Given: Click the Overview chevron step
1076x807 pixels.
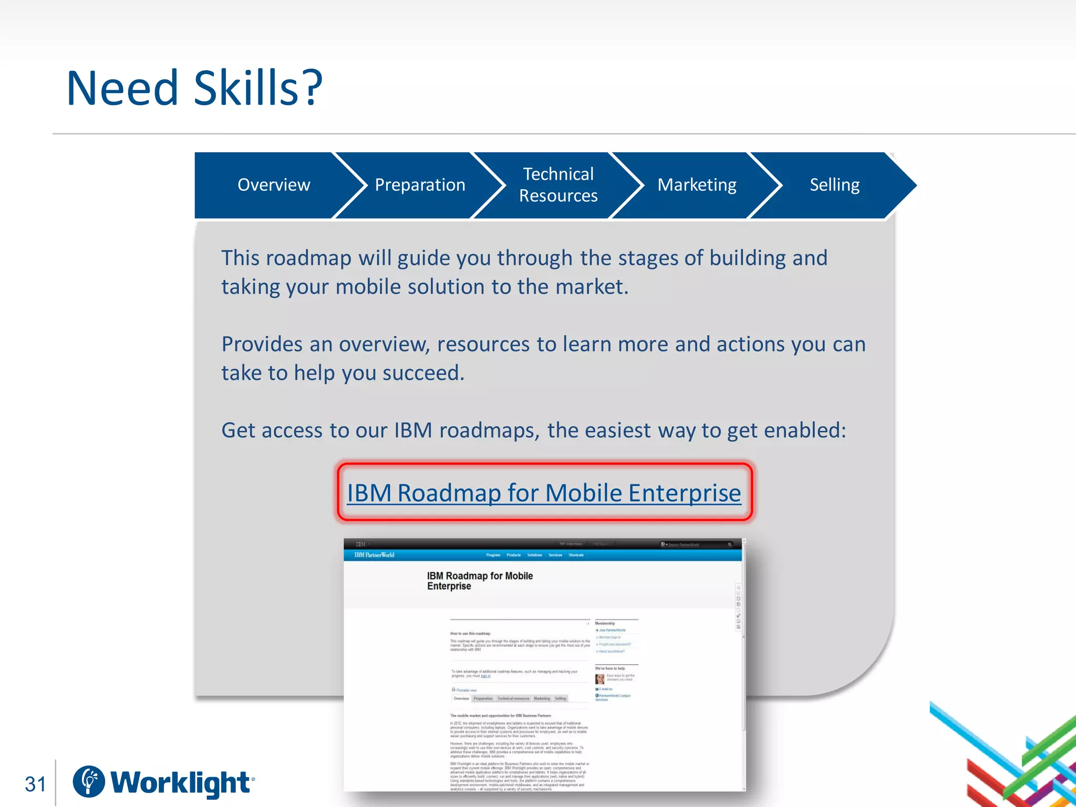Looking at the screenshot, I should tap(273, 185).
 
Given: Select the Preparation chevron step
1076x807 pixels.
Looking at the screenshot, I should tap(420, 185).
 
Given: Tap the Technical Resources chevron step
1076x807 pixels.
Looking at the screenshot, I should tap(558, 185).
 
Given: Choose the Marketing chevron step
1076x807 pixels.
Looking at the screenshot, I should tap(697, 185).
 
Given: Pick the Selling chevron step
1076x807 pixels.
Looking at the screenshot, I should tap(834, 185).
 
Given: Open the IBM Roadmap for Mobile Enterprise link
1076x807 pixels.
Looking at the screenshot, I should tap(544, 493).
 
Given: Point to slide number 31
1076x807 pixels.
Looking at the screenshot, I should tap(36, 784).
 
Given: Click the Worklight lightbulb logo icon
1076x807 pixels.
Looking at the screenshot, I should tap(89, 781).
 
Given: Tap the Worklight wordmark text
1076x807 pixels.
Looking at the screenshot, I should tap(181, 783).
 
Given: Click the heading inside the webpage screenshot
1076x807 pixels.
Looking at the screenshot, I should tap(480, 581).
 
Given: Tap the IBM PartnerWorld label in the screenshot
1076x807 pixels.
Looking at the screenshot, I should tap(374, 555).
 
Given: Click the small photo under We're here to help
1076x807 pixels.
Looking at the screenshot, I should tap(599, 678).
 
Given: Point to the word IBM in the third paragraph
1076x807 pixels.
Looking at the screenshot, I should tap(413, 430).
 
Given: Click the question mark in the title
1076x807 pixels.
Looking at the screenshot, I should tap(312, 88).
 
